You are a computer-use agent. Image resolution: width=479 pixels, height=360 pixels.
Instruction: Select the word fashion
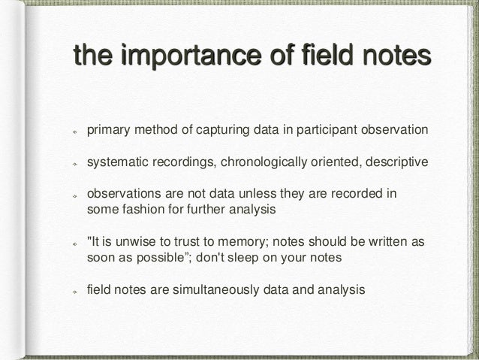point(142,210)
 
